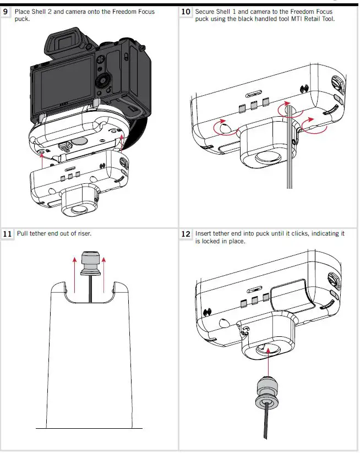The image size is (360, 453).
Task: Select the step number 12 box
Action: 186,234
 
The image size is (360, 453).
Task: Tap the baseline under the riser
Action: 89,428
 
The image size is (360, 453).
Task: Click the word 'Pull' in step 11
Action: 23,233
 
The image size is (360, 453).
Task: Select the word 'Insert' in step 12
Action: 204,233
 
